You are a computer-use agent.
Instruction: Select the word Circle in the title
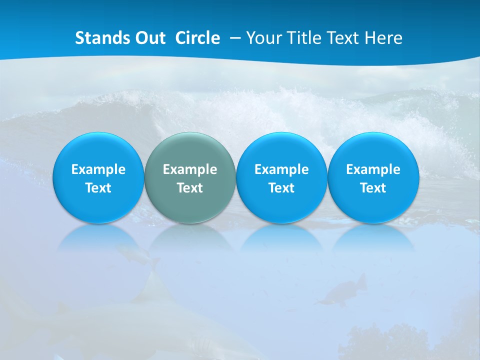coord(197,38)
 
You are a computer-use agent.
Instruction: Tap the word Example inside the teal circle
coord(190,169)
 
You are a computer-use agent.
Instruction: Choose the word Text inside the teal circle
coord(190,188)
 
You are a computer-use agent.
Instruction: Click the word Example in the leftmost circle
coord(98,169)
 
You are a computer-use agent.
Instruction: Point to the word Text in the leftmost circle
coord(98,188)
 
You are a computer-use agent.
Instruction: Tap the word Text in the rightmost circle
coord(373,188)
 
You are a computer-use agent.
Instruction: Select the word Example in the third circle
coord(281,169)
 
